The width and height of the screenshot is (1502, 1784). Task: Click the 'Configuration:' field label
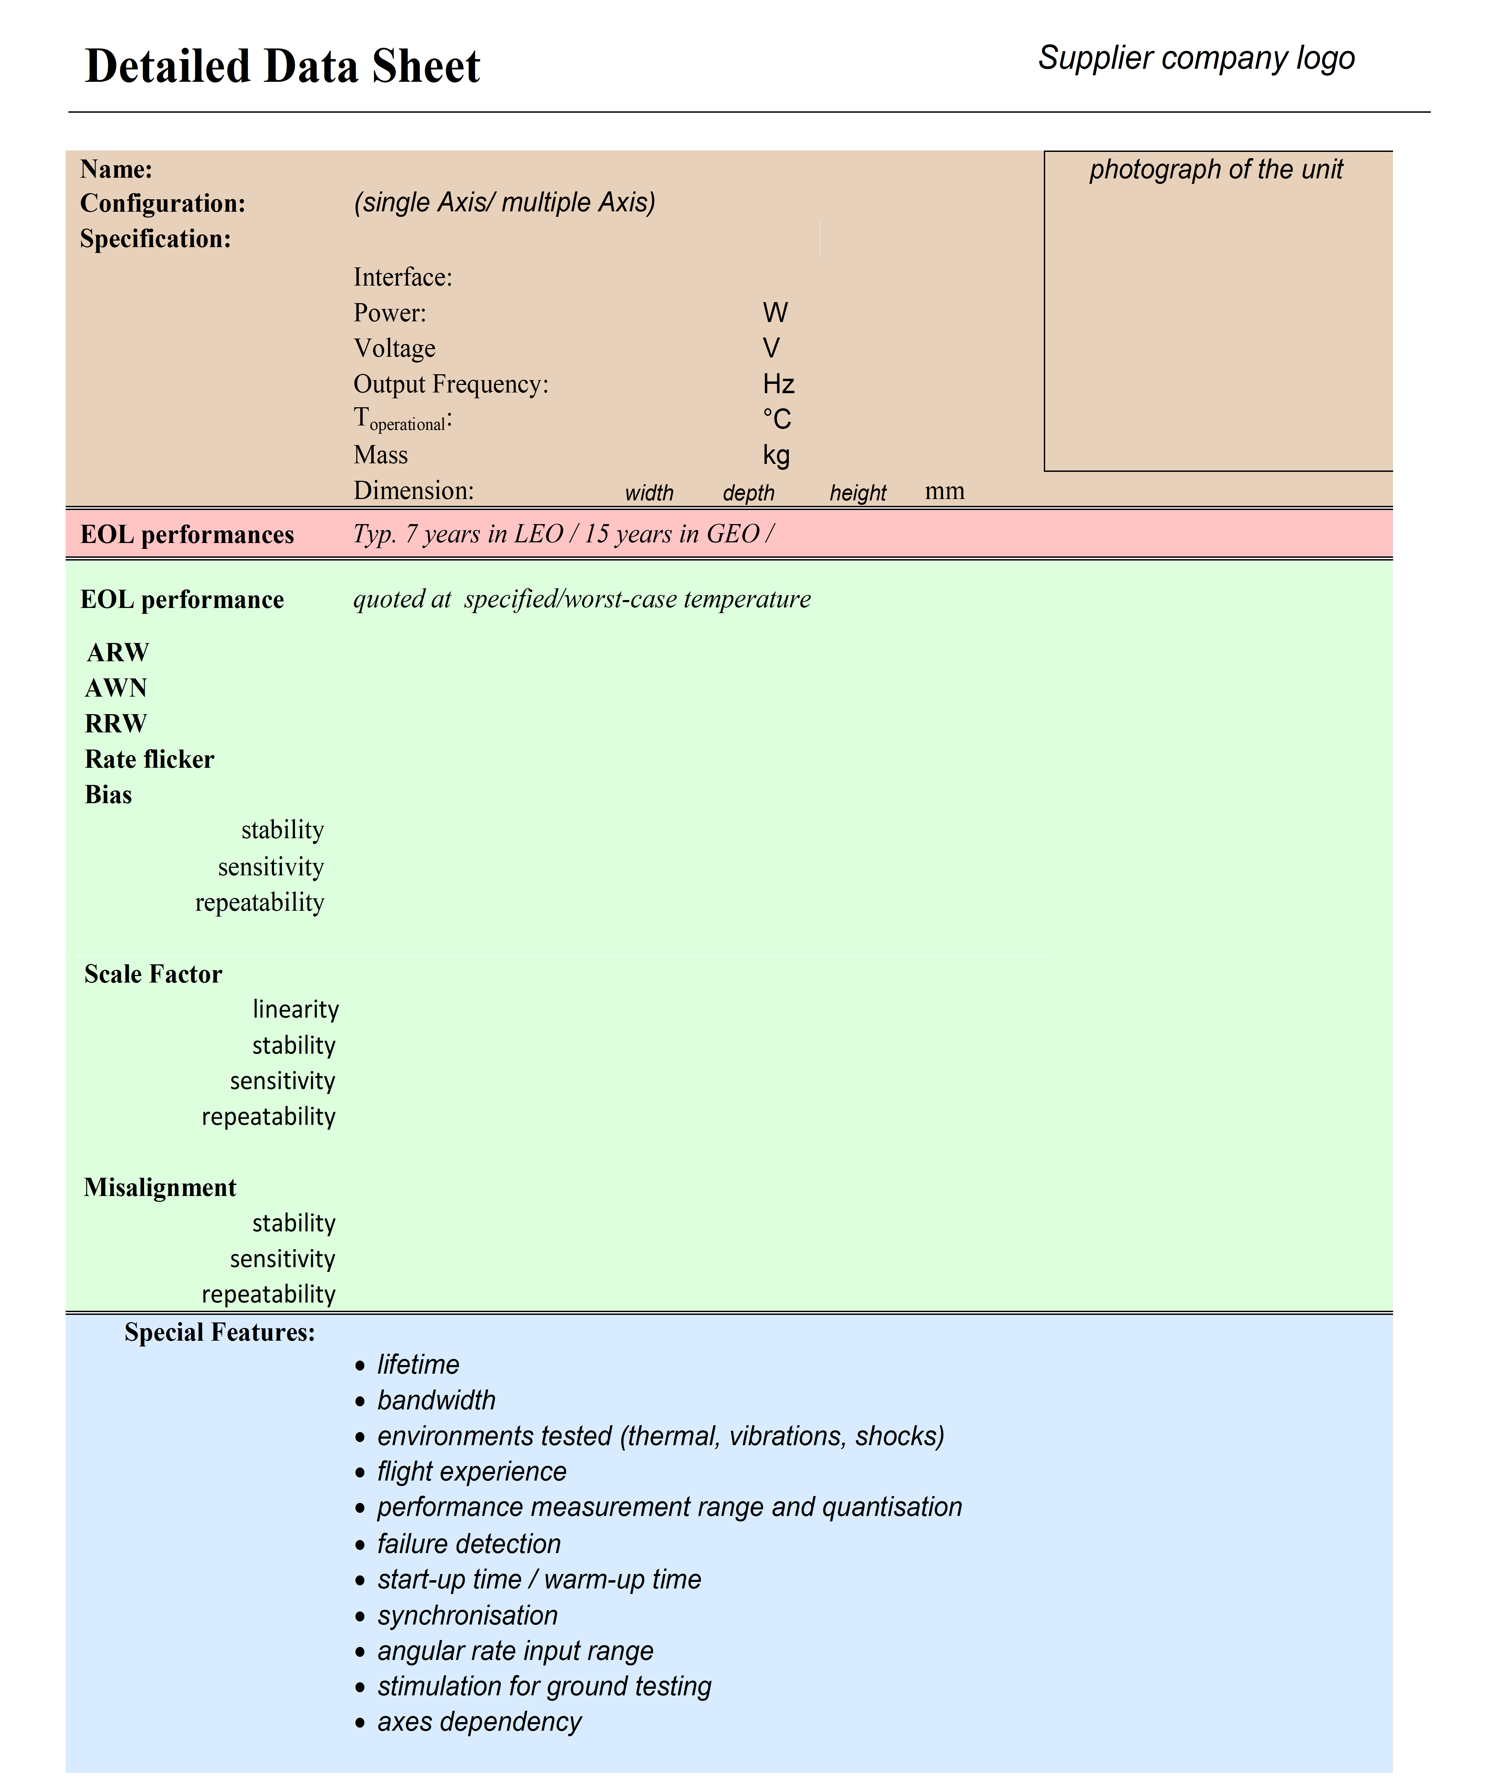tap(163, 203)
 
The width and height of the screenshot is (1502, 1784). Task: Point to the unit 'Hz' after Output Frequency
tap(778, 384)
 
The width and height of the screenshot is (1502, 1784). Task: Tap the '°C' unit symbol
tap(776, 419)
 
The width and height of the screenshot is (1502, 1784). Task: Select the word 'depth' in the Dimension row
tap(749, 493)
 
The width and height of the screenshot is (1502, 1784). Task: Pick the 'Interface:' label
tap(403, 278)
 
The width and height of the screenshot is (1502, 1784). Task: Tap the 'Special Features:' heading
tap(220, 1332)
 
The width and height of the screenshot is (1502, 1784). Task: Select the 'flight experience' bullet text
tap(472, 1472)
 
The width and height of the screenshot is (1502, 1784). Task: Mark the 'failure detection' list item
tap(469, 1544)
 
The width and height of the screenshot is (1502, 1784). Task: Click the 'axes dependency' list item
tap(479, 1722)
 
